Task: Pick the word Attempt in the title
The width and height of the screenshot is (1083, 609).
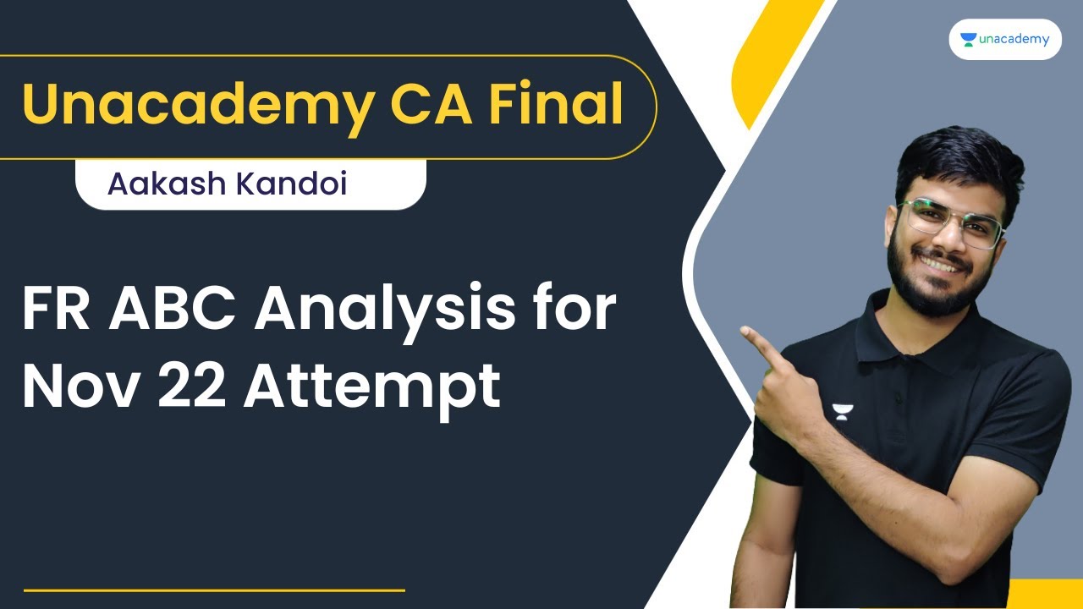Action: pos(372,389)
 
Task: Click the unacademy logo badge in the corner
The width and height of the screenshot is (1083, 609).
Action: pos(1005,39)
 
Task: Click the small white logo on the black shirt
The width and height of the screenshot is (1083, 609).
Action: pos(842,412)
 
